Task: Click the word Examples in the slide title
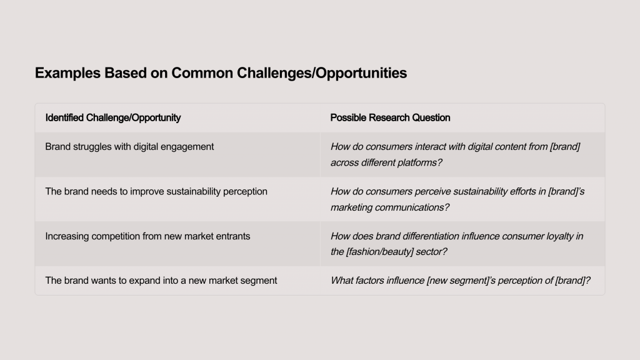[x=67, y=73]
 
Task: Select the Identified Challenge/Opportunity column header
[x=113, y=118]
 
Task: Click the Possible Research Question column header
[x=390, y=117]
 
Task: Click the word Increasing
[x=67, y=236]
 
